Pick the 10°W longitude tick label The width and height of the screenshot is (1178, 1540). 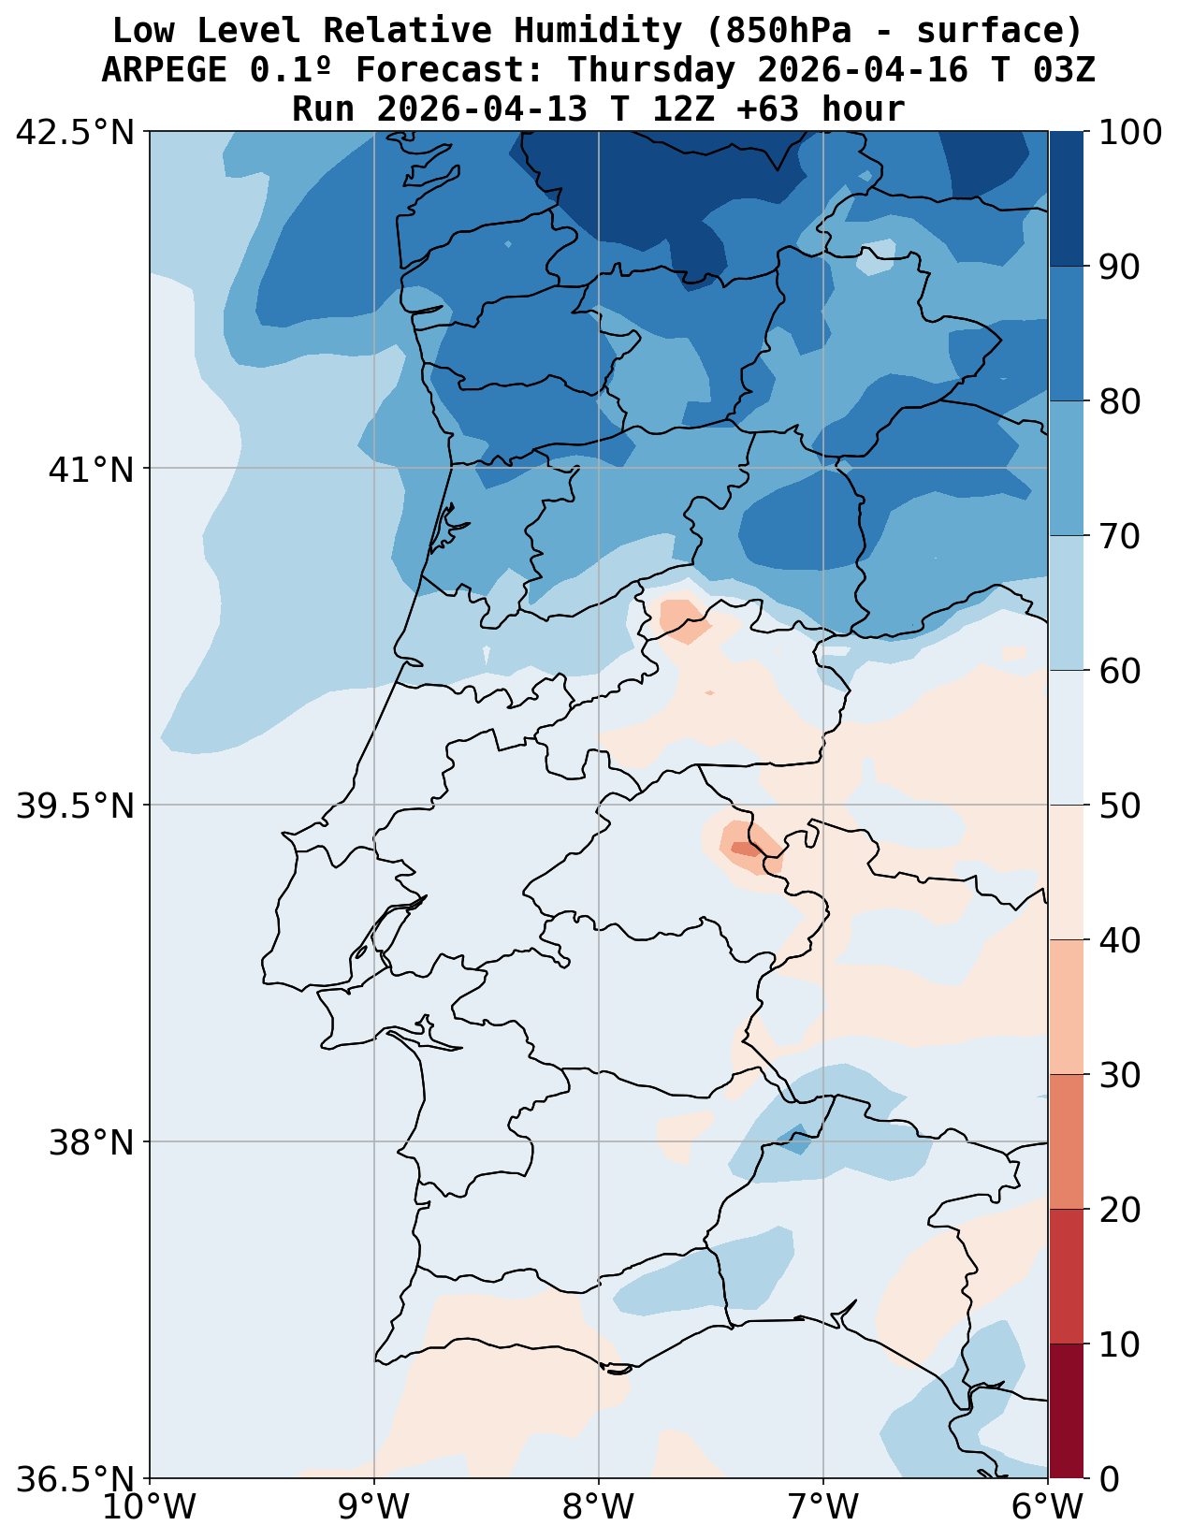tap(150, 1508)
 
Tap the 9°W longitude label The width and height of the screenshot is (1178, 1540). tap(374, 1508)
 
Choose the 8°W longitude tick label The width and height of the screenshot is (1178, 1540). tap(599, 1508)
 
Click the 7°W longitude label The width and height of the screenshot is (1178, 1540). tap(823, 1508)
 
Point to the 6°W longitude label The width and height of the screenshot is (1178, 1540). tap(1048, 1508)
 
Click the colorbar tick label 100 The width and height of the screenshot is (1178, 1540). tap(1130, 132)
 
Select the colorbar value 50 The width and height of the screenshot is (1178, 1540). tap(1118, 806)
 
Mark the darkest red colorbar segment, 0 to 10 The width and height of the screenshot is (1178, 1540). tap(1066, 1411)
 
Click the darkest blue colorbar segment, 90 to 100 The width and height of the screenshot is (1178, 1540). tap(1066, 198)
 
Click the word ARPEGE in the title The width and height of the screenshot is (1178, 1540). tap(165, 70)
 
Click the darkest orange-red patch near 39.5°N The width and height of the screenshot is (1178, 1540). tap(745, 849)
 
